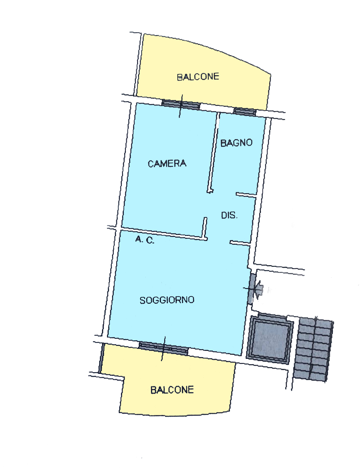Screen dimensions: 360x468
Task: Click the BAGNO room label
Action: pos(236,143)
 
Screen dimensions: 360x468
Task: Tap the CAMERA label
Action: pos(167,164)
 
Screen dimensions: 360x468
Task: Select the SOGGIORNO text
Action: pos(167,300)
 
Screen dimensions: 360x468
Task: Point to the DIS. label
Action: pos(229,215)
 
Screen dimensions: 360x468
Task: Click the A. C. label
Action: pos(145,239)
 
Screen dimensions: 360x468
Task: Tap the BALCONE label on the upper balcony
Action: pos(198,77)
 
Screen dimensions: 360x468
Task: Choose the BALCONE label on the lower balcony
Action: pos(172,390)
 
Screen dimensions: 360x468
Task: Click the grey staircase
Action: pos(313,350)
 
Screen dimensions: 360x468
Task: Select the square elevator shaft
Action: pos(270,339)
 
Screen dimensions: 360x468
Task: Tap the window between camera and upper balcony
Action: pos(181,105)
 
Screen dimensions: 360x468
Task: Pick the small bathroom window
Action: pos(245,112)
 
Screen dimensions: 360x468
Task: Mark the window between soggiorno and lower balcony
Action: pos(163,348)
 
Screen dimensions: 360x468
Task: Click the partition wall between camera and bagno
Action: pos(214,152)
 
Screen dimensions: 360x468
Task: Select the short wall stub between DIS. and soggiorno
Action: pos(240,243)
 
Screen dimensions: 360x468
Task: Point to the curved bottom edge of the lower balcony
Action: pos(175,415)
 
